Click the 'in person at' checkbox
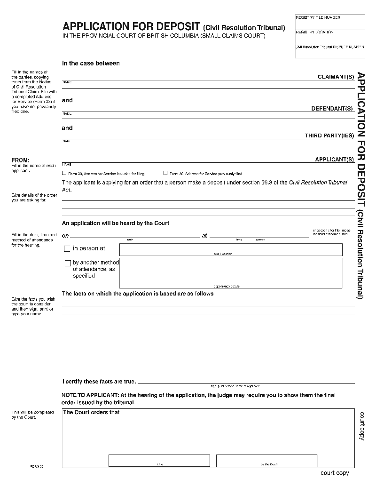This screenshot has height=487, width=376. tap(67, 248)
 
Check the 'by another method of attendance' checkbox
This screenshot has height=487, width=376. tap(68, 263)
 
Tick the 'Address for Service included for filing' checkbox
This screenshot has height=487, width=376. tap(64, 173)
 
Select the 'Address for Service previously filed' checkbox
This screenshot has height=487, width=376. tap(165, 173)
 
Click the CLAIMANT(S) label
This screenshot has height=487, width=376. tap(336, 77)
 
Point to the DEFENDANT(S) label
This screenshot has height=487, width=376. tap(332, 109)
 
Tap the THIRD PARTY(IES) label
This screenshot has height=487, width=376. tap(329, 136)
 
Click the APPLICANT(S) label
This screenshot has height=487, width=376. tap(334, 160)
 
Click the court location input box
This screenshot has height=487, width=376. tap(231, 249)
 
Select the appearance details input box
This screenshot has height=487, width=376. tap(231, 272)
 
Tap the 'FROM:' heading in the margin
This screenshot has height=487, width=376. tap(20, 160)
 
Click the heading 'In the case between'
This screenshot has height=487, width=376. tap(91, 64)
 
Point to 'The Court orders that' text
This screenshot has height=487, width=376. tap(92, 413)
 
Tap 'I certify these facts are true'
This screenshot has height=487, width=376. tap(99, 382)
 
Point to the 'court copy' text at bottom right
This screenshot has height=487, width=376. tap(335, 473)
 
